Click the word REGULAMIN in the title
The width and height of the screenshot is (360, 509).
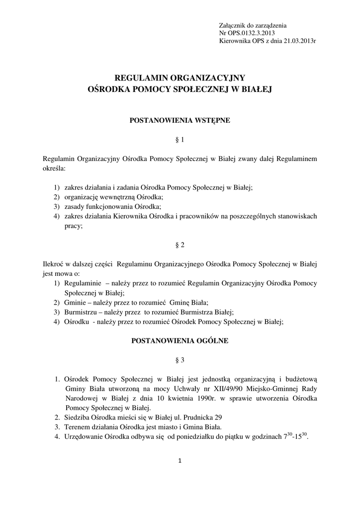pyautogui.click(x=141, y=78)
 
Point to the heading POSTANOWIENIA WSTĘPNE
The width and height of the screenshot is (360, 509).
pyautogui.click(x=180, y=120)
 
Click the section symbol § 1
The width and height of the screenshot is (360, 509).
pyautogui.click(x=180, y=140)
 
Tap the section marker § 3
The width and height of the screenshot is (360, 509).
pyautogui.click(x=180, y=359)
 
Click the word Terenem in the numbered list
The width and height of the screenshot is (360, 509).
pyautogui.click(x=77, y=426)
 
